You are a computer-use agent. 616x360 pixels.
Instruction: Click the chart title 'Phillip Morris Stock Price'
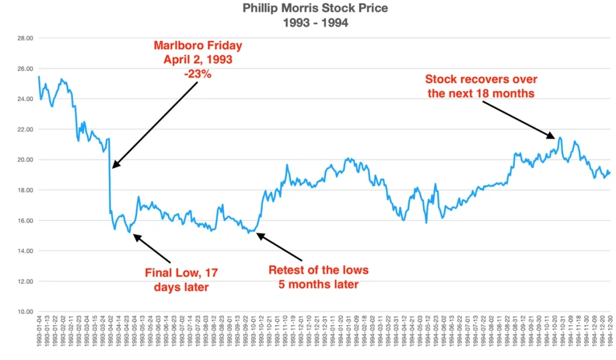click(308, 8)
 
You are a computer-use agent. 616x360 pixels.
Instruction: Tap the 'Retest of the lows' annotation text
click(318, 269)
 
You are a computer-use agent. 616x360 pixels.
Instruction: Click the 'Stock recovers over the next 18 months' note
click(481, 86)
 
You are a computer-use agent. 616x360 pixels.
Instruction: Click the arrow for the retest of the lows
click(280, 246)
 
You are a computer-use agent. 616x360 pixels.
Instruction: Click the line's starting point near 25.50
click(38, 76)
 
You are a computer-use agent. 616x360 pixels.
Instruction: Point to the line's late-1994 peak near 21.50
click(560, 138)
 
